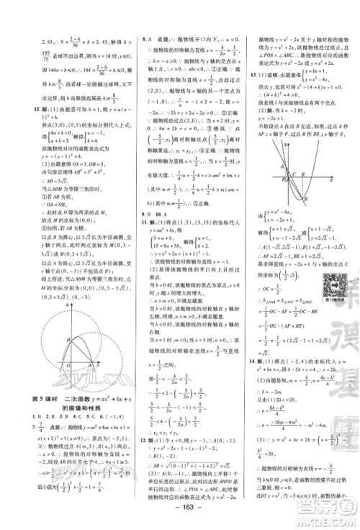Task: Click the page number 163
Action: [x=181, y=516]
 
